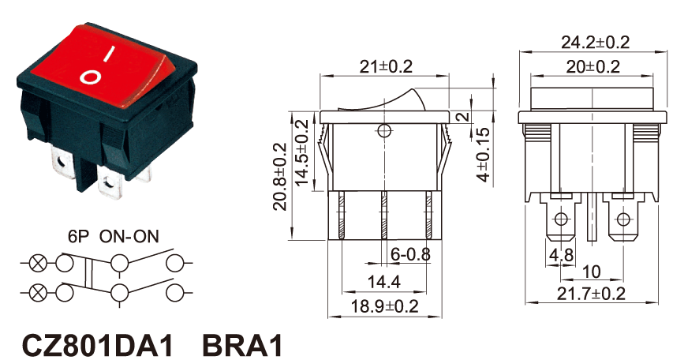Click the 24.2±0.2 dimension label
(x=595, y=43)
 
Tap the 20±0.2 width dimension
(x=593, y=67)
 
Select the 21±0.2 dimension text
(x=386, y=67)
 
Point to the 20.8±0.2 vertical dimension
(x=279, y=177)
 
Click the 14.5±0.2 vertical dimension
(x=302, y=153)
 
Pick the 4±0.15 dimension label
(x=484, y=155)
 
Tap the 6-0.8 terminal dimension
(x=410, y=255)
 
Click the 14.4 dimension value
(x=384, y=282)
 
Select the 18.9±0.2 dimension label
(x=385, y=306)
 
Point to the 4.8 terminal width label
(x=561, y=256)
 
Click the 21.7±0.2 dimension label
(x=591, y=294)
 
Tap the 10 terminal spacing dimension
(x=591, y=272)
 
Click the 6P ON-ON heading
(x=114, y=236)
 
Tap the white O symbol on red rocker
(x=91, y=77)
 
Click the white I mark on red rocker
(x=109, y=54)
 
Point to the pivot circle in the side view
(x=384, y=131)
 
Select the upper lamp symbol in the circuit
(x=38, y=263)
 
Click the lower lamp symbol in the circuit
(x=38, y=293)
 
